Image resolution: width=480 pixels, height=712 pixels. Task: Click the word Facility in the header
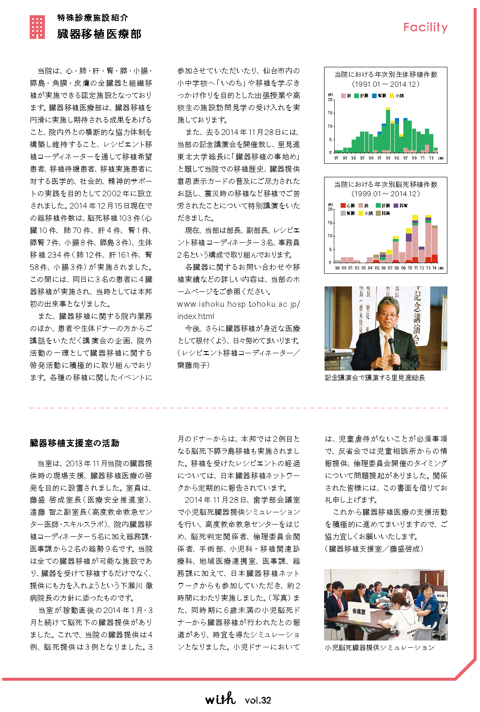pyautogui.click(x=425, y=27)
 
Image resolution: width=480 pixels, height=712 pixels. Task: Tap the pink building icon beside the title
pyautogui.click(x=37, y=27)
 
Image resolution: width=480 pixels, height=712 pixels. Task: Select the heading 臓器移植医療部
pyautogui.click(x=99, y=34)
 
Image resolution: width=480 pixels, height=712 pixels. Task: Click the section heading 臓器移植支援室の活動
pyautogui.click(x=75, y=443)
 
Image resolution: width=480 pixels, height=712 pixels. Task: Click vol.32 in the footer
pyautogui.click(x=258, y=700)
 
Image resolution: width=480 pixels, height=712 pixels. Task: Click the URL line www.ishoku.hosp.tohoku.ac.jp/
pyautogui.click(x=239, y=304)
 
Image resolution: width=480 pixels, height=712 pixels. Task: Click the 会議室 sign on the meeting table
pyautogui.click(x=358, y=611)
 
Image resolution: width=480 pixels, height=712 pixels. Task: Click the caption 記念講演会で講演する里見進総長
pyautogui.click(x=375, y=377)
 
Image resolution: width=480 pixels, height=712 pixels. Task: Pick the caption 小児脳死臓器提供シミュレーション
pyautogui.click(x=380, y=647)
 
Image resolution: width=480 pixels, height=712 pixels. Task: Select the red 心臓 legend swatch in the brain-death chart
pyautogui.click(x=343, y=206)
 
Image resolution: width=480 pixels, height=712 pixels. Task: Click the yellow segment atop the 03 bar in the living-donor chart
pyautogui.click(x=388, y=109)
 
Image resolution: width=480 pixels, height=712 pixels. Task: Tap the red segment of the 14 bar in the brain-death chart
pyautogui.click(x=434, y=258)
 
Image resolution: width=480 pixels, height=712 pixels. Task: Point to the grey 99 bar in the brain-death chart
pyautogui.click(x=337, y=261)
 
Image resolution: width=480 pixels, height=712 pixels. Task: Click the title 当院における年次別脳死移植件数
pyautogui.click(x=386, y=184)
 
